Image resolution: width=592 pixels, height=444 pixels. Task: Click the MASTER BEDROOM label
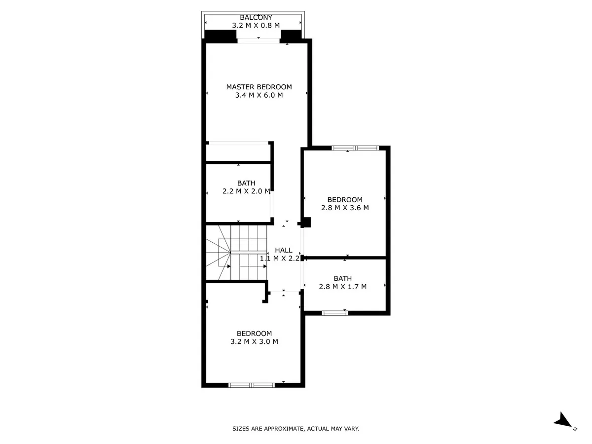[259, 87]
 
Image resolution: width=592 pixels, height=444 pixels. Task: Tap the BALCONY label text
[256, 18]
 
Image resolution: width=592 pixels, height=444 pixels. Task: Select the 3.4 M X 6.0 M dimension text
[259, 95]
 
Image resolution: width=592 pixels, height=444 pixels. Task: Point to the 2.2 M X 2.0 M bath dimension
[246, 191]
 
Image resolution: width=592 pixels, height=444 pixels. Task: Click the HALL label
[284, 250]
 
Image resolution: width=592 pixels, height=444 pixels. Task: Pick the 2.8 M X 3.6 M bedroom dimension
[345, 208]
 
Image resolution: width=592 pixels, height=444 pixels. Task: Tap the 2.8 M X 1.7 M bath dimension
[342, 286]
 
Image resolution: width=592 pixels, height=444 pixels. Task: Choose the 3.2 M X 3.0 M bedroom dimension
[254, 341]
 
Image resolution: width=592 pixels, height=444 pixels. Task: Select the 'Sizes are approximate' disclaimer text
[296, 428]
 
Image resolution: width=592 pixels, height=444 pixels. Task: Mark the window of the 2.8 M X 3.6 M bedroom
[355, 148]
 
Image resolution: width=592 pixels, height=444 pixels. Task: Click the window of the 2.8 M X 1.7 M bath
[334, 313]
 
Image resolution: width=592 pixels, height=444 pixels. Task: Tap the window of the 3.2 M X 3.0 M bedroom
[252, 385]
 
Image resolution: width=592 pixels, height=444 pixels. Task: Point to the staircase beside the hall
[236, 253]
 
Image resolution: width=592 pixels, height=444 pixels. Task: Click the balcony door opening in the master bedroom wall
[258, 41]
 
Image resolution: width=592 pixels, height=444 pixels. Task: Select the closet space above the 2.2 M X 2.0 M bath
[238, 153]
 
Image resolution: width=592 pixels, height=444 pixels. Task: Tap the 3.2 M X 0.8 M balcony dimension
[256, 25]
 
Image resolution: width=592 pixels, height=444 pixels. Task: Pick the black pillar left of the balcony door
[221, 36]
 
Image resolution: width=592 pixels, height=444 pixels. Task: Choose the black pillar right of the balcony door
[291, 36]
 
